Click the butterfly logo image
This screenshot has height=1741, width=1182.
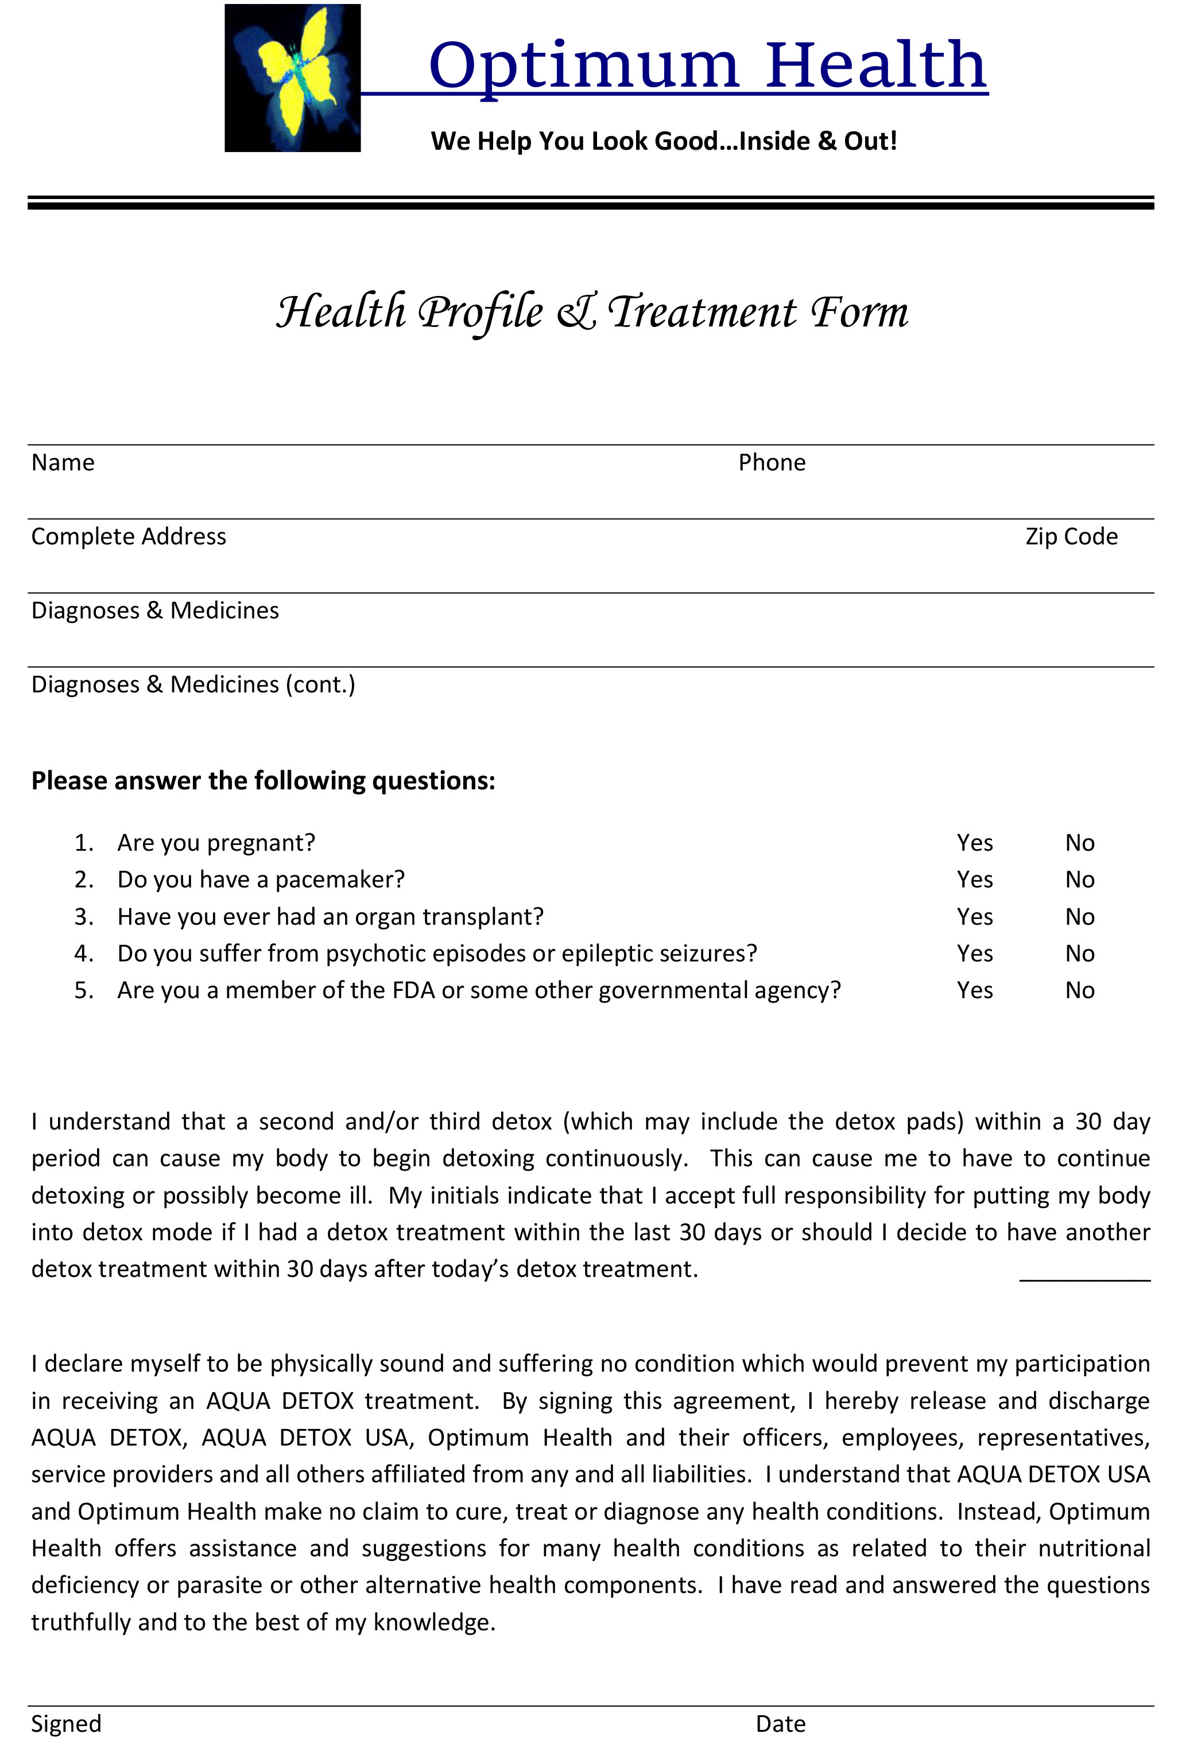click(292, 78)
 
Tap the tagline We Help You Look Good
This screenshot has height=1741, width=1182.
click(663, 141)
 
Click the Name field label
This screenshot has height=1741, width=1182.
click(63, 462)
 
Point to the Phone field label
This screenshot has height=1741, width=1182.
click(772, 462)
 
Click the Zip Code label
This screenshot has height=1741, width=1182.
click(1071, 536)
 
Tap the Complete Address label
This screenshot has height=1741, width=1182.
click(128, 536)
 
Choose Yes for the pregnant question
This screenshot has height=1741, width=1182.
click(974, 843)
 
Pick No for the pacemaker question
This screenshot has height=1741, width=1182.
click(1079, 879)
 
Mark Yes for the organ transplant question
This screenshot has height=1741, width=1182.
click(974, 916)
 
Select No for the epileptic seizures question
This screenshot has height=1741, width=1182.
click(1079, 953)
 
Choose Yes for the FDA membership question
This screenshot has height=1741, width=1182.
click(974, 990)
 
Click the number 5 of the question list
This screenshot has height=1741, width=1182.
click(83, 990)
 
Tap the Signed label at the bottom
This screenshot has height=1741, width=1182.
click(66, 1723)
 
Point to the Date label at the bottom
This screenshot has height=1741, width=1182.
click(780, 1723)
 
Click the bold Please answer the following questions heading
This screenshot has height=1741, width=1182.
click(263, 781)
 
